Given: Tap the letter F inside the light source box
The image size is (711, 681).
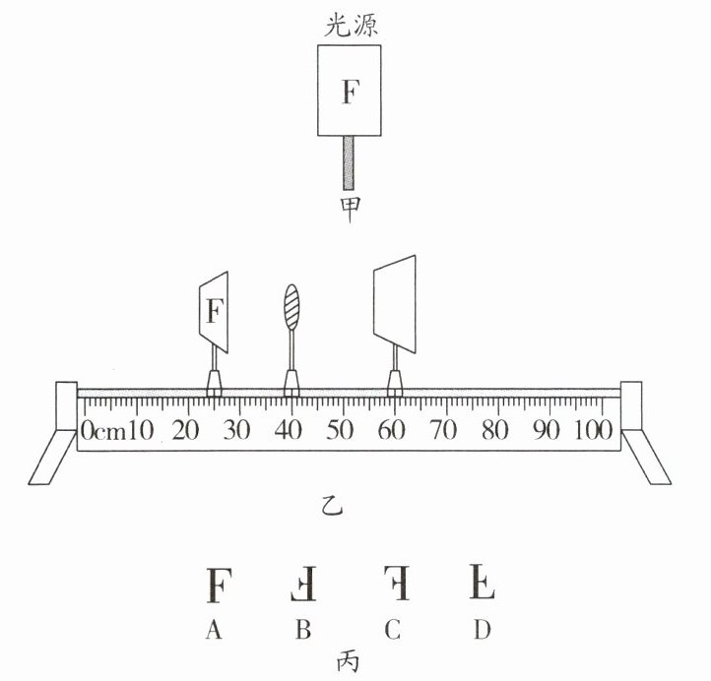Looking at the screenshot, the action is [351, 93].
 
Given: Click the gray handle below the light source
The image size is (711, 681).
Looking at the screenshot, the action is [351, 161].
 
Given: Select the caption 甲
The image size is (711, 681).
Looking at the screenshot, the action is [351, 210].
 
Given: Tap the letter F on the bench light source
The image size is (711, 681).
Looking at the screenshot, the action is [216, 312].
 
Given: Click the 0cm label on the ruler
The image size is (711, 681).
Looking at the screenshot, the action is [102, 431].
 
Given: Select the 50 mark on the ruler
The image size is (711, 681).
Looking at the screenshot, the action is [341, 431].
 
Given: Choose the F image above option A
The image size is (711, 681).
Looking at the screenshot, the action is [216, 585].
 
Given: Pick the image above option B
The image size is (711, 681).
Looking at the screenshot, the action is [303, 585].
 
